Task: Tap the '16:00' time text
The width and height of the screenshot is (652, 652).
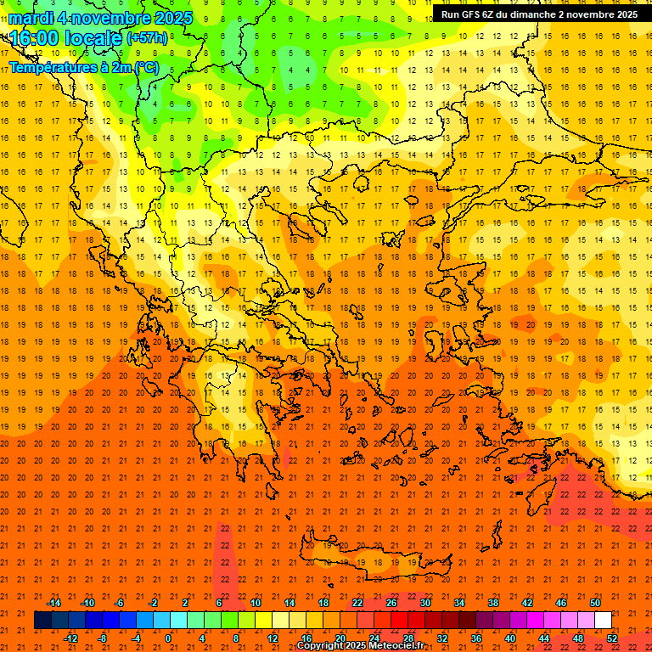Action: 34,38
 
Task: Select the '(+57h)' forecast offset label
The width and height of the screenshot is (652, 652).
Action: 147,38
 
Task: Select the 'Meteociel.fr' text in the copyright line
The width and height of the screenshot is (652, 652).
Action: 402,646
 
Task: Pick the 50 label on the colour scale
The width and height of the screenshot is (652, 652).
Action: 594,603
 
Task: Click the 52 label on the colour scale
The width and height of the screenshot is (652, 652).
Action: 612,638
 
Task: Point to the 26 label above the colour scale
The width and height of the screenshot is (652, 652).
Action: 391,603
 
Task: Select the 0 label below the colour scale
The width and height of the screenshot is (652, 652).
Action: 167,638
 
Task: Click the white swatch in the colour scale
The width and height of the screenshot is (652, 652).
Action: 603,621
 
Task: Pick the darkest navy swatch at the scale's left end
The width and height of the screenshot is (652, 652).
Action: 42,621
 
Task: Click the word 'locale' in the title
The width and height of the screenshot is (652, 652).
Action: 93,38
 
